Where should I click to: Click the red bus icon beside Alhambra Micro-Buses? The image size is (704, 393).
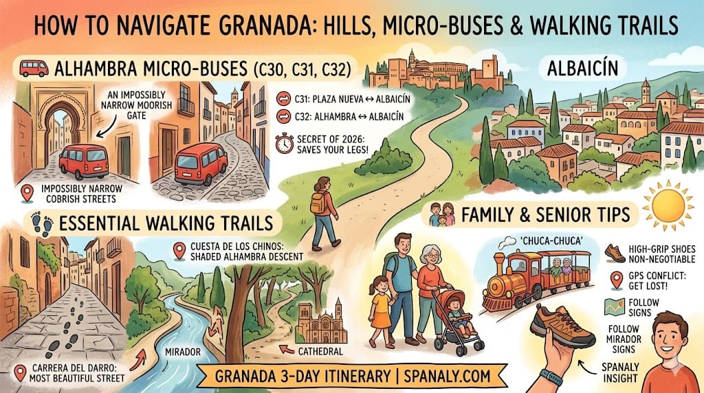pos(34,69)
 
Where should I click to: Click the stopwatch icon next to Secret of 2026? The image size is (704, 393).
pos(283,144)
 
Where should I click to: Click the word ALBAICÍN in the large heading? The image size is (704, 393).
pos(583,68)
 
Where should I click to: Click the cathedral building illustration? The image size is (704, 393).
pos(321,323)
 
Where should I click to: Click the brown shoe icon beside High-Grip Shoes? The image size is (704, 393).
pos(615,253)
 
